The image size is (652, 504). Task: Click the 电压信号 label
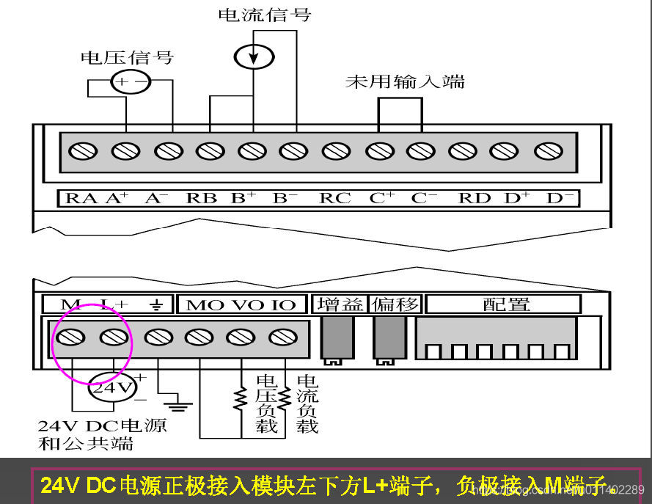pyautogui.click(x=126, y=57)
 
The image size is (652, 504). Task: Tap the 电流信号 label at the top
pyautogui.click(x=264, y=15)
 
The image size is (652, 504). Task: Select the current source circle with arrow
pyautogui.click(x=253, y=56)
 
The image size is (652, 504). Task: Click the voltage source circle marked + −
pyautogui.click(x=131, y=82)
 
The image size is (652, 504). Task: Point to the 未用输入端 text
pyautogui.click(x=405, y=81)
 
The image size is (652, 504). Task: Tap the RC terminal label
pyautogui.click(x=335, y=198)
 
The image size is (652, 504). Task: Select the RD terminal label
pyautogui.click(x=475, y=198)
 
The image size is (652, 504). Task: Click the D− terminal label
pyautogui.click(x=560, y=198)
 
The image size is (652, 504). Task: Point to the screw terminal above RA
pyautogui.click(x=83, y=151)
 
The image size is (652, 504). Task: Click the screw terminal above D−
pyautogui.click(x=548, y=151)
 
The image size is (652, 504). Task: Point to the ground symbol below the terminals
pyautogui.click(x=178, y=402)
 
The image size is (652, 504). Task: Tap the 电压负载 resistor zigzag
pyautogui.click(x=240, y=398)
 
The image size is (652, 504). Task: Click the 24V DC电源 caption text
pyautogui.click(x=102, y=426)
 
